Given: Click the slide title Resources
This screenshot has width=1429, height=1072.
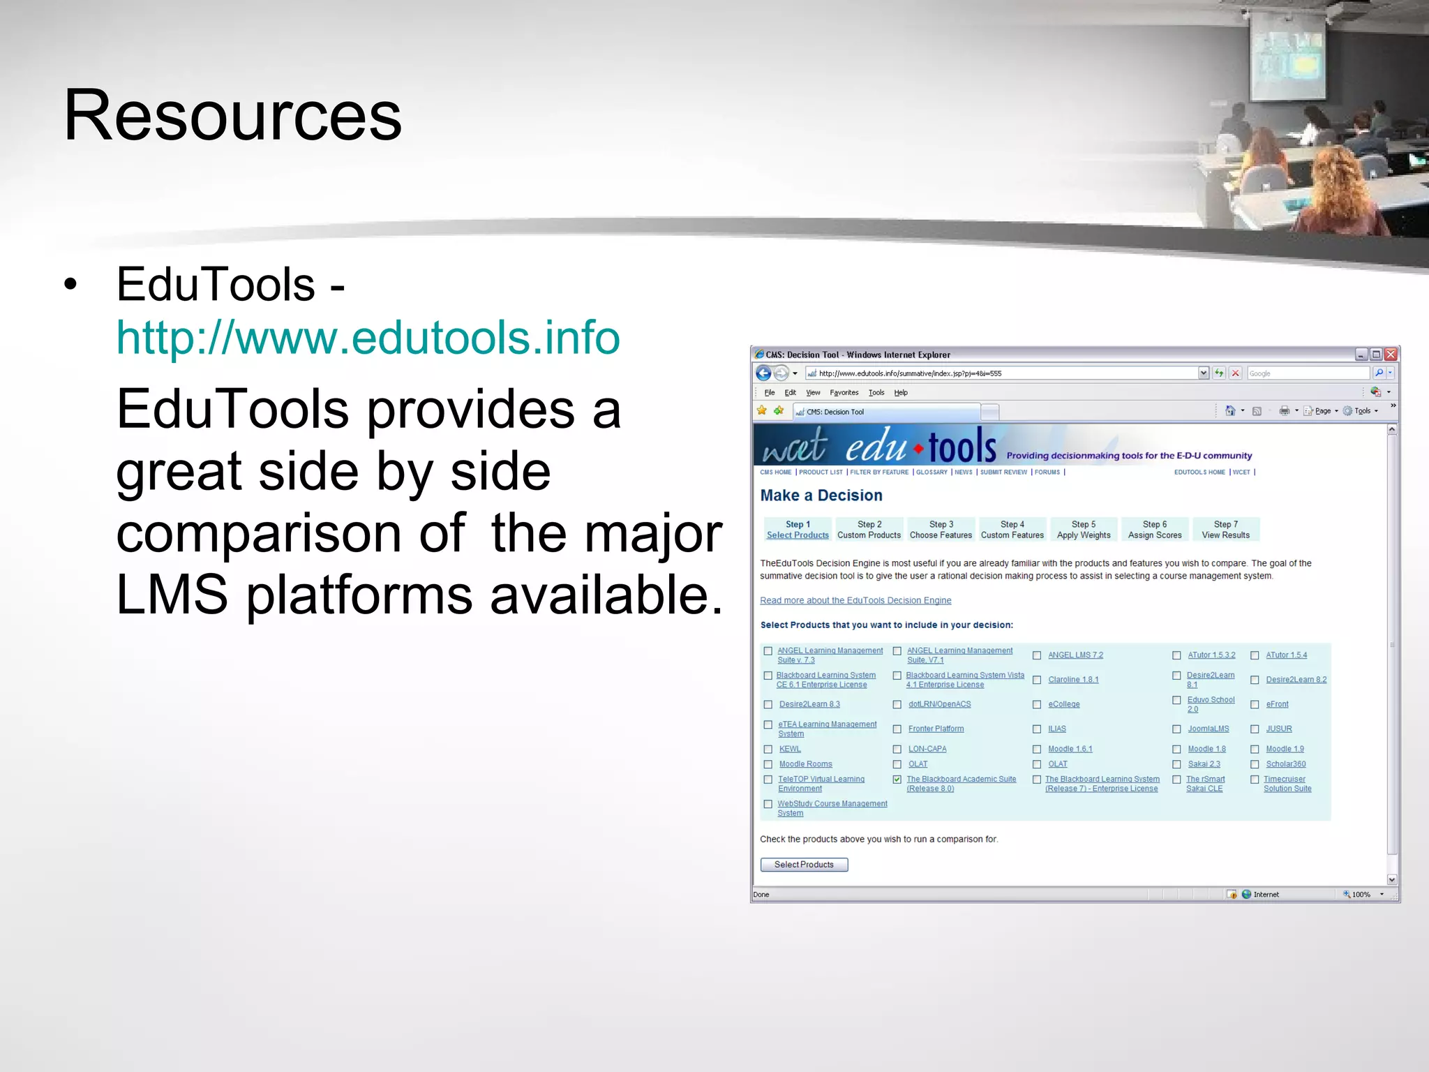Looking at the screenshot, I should pos(232,115).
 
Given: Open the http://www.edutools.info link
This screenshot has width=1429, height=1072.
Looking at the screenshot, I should pos(368,337).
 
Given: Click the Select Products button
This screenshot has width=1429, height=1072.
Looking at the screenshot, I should pos(804,865).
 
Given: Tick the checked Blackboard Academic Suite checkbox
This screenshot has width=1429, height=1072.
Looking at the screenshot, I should pos(897,780).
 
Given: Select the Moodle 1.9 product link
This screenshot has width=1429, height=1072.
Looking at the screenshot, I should pos(1285,749).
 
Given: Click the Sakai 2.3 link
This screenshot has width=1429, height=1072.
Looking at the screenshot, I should pos(1204,764).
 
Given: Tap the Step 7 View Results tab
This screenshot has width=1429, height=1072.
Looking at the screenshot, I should pos(1225,530).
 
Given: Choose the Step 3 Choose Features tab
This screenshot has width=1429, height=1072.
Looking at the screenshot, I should pos(941,530).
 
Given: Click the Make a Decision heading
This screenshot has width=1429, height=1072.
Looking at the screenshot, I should pos(821,496).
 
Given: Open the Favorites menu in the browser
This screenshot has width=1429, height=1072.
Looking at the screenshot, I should pos(844,393).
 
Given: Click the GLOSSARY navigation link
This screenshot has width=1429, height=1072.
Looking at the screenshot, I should pos(932,472).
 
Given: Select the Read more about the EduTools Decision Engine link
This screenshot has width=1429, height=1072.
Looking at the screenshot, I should pos(855,601).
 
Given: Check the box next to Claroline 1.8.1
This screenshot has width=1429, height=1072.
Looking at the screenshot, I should pos(1037,680).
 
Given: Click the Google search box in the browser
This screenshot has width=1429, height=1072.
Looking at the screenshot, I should pos(1307,373).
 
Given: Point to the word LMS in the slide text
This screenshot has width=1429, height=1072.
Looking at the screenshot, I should pos(172,595).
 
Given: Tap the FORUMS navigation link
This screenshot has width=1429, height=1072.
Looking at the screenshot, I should pos(1047,472).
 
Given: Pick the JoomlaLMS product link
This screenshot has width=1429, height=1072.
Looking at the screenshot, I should pos(1208,729).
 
